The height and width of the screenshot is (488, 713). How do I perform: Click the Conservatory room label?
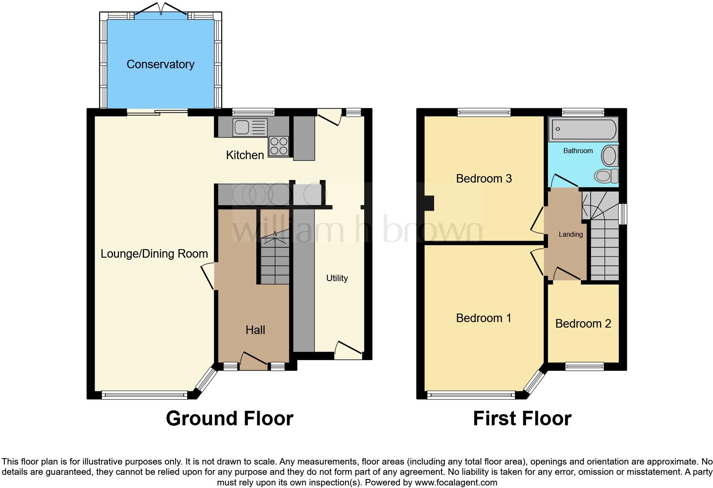tap(160, 64)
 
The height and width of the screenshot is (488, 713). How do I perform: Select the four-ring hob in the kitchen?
tap(278, 146)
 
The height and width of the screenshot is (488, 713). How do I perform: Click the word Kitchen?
tap(245, 155)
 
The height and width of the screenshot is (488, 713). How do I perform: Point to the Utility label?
tap(337, 278)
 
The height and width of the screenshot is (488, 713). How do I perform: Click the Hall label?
tap(255, 330)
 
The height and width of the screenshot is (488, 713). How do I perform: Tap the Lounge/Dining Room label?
tap(154, 254)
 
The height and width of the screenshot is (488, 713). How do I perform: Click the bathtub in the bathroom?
tap(583, 130)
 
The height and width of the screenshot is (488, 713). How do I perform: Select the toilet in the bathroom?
tap(606, 175)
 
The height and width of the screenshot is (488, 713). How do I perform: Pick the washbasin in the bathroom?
tap(610, 156)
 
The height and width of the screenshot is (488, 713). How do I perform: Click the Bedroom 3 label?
tap(484, 178)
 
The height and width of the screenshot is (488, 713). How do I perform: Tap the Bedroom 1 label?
tap(484, 318)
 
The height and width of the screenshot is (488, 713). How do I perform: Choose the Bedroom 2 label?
tap(583, 323)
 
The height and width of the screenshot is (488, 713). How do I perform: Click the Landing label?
tap(571, 234)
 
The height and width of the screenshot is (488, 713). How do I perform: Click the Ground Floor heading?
tap(229, 418)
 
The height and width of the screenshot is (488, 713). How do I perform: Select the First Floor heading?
tap(522, 418)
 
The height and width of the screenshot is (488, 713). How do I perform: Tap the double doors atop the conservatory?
tap(161, 9)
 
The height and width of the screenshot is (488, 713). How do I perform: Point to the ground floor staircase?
tap(274, 260)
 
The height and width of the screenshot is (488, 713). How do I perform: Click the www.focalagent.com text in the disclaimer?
tap(455, 483)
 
